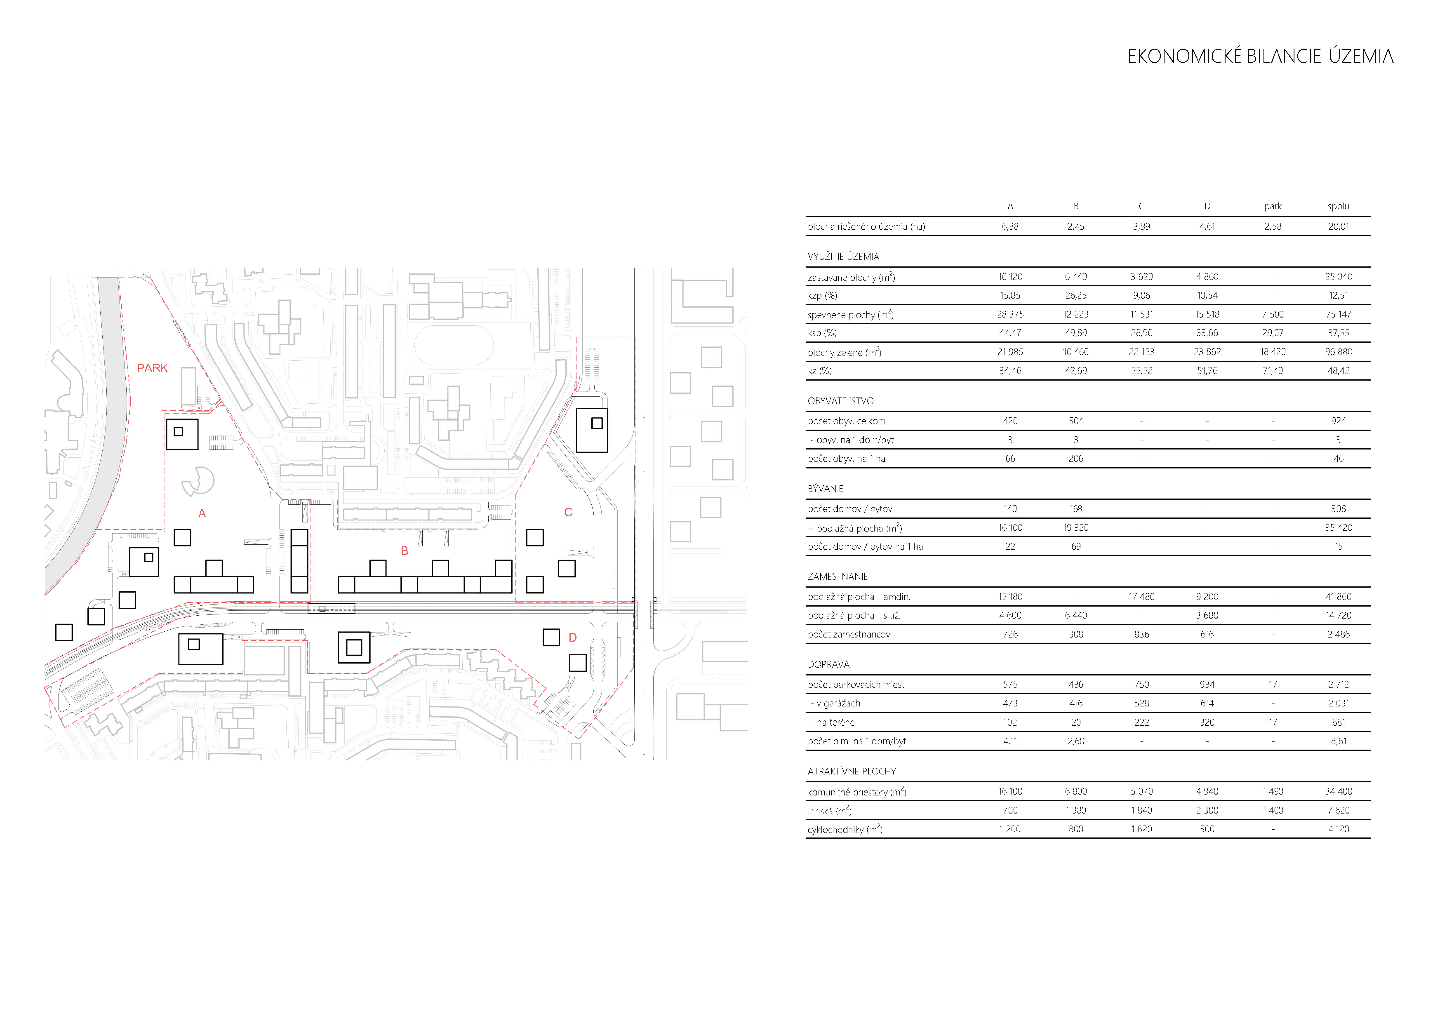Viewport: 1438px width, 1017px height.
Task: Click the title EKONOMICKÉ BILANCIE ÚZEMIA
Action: coord(1260,56)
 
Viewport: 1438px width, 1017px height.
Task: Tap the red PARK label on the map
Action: coord(152,368)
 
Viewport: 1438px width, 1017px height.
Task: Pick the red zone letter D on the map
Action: coord(572,638)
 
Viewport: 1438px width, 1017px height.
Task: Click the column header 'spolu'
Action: coord(1338,206)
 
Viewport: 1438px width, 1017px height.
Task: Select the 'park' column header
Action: coord(1273,206)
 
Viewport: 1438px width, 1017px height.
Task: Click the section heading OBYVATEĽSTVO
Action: coord(840,401)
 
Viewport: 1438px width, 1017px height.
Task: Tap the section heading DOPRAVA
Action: coord(829,664)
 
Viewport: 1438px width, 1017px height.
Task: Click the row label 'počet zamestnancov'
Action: coord(849,634)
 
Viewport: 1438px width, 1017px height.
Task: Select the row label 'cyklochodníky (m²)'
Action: coord(845,829)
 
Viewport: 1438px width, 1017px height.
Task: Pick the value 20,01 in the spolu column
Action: coord(1338,227)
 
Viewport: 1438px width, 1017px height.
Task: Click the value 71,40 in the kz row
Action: coord(1273,371)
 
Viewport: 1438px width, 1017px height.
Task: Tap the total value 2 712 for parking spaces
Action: coord(1338,685)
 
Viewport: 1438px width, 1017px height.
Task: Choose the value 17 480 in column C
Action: coord(1141,597)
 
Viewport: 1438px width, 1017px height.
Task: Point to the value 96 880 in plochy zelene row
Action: coord(1338,352)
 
